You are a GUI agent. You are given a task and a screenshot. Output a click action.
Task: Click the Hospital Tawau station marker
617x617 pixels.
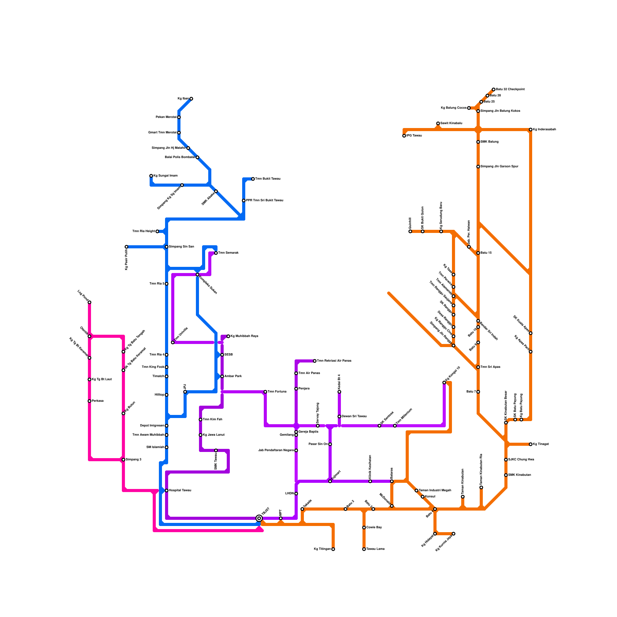point(167,491)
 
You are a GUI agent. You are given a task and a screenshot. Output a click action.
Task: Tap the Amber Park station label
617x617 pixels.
point(233,376)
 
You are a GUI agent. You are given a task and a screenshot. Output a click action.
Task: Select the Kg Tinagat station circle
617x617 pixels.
point(531,444)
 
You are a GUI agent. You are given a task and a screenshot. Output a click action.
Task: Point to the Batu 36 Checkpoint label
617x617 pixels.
point(510,89)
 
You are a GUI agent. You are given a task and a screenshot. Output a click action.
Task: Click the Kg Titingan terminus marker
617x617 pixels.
point(333,549)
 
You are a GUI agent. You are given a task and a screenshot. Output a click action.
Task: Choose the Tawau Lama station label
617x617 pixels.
point(375,549)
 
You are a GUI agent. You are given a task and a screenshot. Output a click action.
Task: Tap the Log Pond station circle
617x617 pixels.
point(89,302)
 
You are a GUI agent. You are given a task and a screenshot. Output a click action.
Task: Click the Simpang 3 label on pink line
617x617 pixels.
point(133,460)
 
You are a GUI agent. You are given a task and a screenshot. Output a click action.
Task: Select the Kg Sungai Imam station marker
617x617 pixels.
point(151,176)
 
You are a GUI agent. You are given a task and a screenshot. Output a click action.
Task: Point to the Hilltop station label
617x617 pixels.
point(159,395)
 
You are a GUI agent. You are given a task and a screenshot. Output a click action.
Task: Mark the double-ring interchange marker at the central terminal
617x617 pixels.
point(259,518)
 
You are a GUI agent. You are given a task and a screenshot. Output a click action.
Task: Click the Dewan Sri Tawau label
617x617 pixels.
point(354,416)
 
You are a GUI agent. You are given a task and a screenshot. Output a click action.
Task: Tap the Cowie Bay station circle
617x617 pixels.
point(364,528)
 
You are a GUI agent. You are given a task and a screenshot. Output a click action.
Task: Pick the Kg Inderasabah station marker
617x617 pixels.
point(531,130)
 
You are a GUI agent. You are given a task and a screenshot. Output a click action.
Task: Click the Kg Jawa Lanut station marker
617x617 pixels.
point(201,435)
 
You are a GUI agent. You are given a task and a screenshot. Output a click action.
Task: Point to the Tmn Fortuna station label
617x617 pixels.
point(277,392)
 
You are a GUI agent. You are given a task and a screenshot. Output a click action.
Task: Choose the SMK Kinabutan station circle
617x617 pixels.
point(506,475)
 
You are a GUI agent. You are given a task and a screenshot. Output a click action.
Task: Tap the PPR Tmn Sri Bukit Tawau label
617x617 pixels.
point(265,201)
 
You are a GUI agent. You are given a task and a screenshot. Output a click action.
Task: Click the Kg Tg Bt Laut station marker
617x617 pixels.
point(89,379)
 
